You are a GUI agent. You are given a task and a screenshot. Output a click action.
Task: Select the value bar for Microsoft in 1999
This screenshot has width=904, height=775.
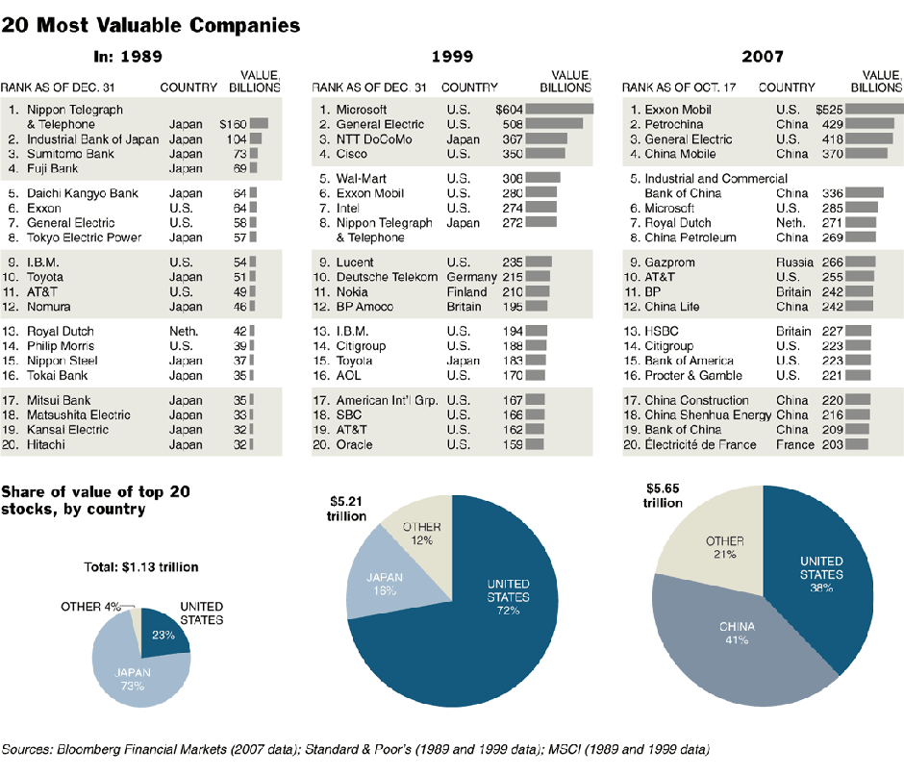pyautogui.click(x=559, y=110)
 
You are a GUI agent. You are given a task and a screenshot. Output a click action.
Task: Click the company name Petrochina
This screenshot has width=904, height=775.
pyautogui.click(x=674, y=124)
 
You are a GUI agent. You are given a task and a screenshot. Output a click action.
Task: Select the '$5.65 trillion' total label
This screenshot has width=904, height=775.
pyautogui.click(x=664, y=495)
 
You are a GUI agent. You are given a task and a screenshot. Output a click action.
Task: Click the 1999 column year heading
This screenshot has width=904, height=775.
pyautogui.click(x=451, y=57)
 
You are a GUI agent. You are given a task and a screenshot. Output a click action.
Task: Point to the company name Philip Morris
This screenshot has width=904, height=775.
pyautogui.click(x=65, y=345)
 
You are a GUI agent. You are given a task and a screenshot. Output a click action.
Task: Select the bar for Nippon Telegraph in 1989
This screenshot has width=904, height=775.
pyautogui.click(x=258, y=124)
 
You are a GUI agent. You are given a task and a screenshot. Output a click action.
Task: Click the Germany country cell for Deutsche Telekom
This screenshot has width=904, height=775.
pyautogui.click(x=471, y=277)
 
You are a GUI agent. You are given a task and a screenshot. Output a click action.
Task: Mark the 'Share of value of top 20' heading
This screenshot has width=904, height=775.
pyautogui.click(x=95, y=492)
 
